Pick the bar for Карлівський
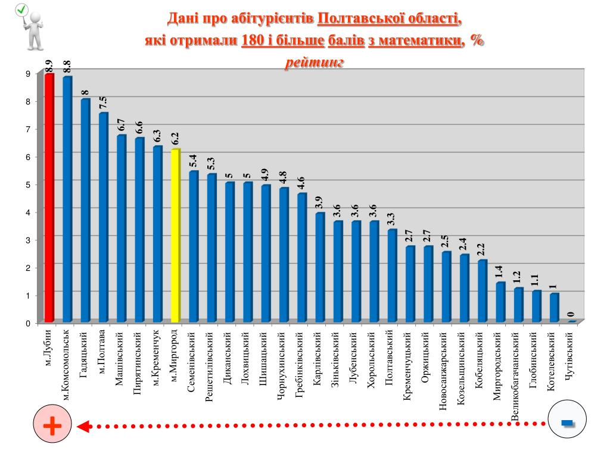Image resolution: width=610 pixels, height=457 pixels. [320, 268]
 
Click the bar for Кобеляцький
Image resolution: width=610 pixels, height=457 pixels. [482, 291]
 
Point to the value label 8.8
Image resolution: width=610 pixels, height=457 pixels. [67, 67]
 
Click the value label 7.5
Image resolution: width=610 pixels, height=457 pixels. [103, 103]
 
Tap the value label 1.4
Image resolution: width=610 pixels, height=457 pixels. [500, 273]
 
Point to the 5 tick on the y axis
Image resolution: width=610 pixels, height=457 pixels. [27, 184]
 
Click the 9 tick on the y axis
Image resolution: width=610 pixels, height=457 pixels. [27, 74]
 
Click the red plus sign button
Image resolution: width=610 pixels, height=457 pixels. [52, 426]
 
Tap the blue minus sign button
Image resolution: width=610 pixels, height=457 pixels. [567, 422]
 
